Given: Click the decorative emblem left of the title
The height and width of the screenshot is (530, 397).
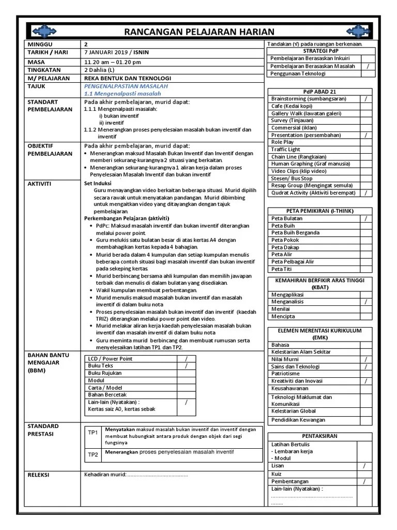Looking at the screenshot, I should click(x=46, y=31).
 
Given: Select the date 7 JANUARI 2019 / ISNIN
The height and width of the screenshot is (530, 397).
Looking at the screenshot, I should click(x=114, y=53).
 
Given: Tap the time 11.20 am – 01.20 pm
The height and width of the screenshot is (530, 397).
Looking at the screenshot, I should click(x=112, y=62).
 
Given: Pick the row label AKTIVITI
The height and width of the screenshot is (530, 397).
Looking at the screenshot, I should click(x=39, y=184).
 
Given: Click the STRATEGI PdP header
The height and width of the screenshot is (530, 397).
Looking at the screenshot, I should click(x=320, y=51).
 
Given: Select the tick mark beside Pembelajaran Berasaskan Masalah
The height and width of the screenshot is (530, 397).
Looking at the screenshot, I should click(x=367, y=66).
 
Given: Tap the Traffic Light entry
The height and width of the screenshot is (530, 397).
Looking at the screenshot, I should click(x=286, y=150).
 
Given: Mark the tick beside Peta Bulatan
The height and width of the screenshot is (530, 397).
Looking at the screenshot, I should click(x=365, y=218).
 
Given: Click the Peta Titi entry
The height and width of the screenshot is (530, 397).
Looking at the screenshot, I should click(x=281, y=269).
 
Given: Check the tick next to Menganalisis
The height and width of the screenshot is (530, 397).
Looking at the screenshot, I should click(x=365, y=301).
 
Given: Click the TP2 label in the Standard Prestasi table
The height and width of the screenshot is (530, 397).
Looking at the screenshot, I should click(x=93, y=455).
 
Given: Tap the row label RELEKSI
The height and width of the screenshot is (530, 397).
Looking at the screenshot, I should click(x=38, y=475).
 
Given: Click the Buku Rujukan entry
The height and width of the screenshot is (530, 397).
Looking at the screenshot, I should click(x=105, y=373).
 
